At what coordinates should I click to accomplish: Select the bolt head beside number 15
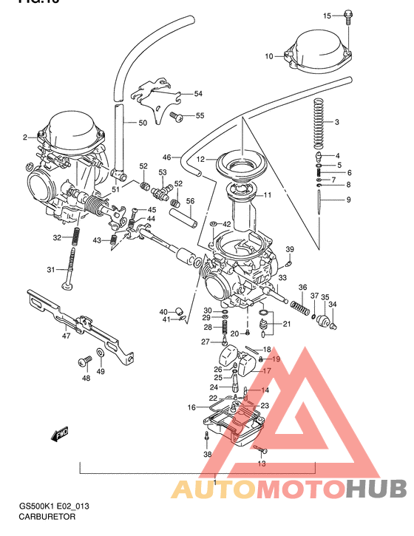pyautogui.click(x=348, y=16)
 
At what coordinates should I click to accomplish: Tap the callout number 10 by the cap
pyautogui.click(x=268, y=55)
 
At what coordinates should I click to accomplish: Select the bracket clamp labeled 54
pyautogui.click(x=157, y=92)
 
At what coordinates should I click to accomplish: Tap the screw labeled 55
pyautogui.click(x=177, y=116)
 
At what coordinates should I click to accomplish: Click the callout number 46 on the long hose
pyautogui.click(x=166, y=157)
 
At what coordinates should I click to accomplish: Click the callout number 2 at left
pyautogui.click(x=24, y=137)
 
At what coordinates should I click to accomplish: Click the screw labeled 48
pyautogui.click(x=84, y=362)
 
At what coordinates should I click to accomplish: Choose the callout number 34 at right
pyautogui.click(x=332, y=304)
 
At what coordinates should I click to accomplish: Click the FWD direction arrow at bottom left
pyautogui.click(x=59, y=436)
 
